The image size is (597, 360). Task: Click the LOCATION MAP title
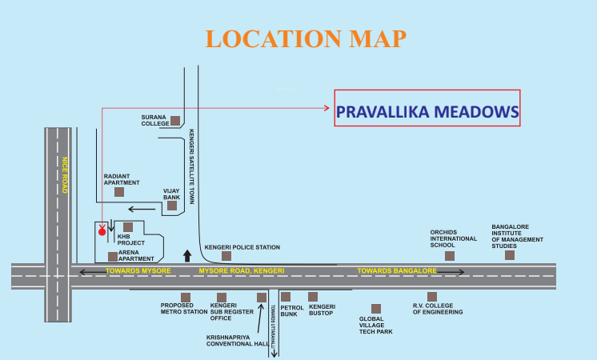305,38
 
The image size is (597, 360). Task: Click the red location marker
102,231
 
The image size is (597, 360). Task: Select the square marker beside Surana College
174,121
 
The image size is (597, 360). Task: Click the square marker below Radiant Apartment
119,191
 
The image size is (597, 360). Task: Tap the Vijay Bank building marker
172,206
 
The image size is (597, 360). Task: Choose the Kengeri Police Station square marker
226,256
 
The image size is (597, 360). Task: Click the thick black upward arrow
186,255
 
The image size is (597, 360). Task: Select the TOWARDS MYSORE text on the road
138,272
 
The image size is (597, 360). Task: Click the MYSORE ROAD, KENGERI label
242,272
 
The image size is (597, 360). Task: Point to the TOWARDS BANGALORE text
397,272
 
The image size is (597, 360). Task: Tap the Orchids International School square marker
450,255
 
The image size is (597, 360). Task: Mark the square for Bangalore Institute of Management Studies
510,255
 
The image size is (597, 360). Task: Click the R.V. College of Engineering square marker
432,296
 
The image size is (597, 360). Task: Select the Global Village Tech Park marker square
376,308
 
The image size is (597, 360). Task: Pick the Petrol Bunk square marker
286,296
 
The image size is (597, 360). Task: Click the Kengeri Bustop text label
322,310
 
